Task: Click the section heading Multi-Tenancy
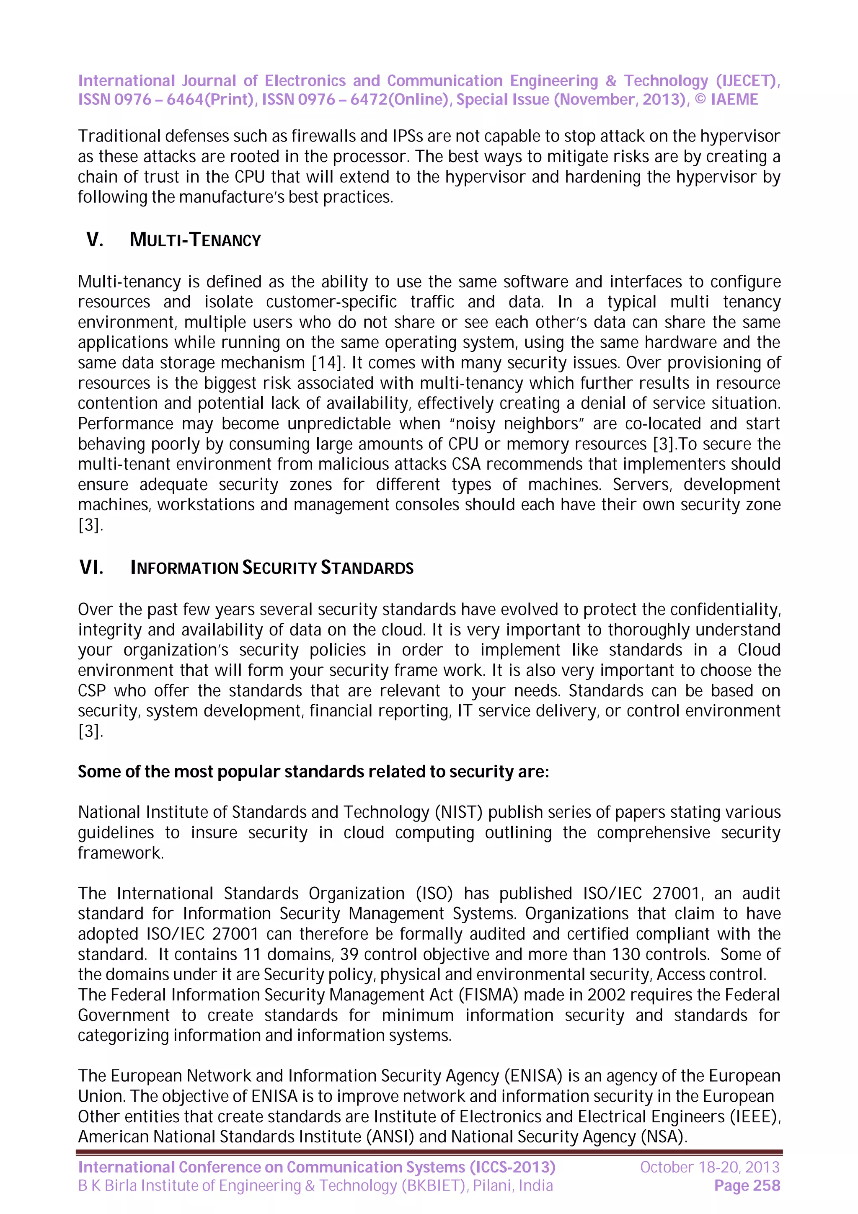pyautogui.click(x=195, y=240)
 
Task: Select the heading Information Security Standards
pyautogui.click(x=272, y=568)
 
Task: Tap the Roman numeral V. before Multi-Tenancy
pyautogui.click(x=95, y=240)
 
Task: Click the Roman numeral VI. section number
pyautogui.click(x=91, y=568)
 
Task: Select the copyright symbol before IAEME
pyautogui.click(x=700, y=99)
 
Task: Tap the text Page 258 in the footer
pyautogui.click(x=747, y=1186)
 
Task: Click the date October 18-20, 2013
pyautogui.click(x=709, y=1167)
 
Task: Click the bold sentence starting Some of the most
pyautogui.click(x=313, y=772)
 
